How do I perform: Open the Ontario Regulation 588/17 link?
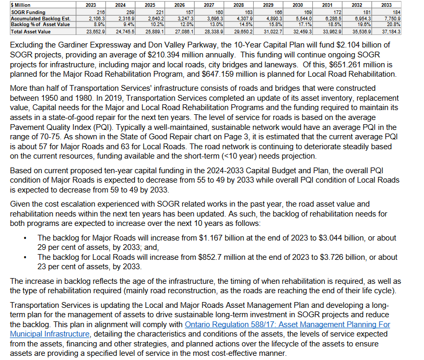click(287, 325)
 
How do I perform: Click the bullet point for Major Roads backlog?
click(26, 238)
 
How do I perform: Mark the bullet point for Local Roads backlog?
click(26, 257)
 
